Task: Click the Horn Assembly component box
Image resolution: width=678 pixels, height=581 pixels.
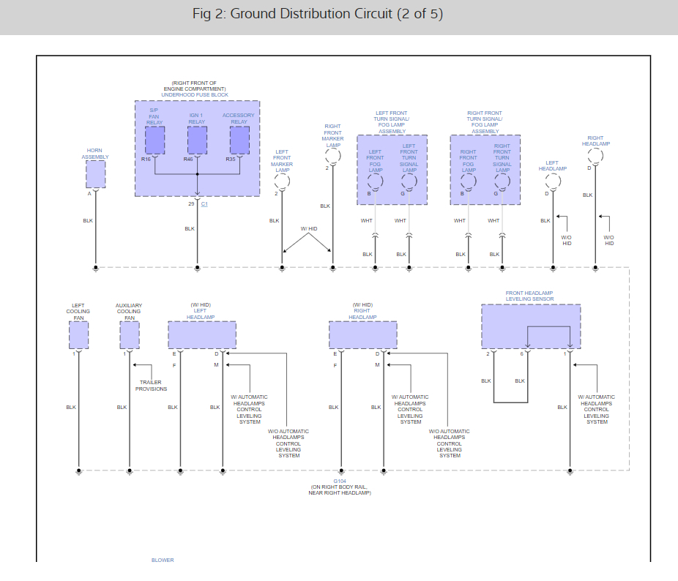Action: point(95,174)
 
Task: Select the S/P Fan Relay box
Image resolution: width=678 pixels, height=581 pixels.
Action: point(154,140)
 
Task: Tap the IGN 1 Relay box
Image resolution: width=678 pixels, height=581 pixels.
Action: point(197,140)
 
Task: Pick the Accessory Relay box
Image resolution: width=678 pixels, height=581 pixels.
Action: point(239,140)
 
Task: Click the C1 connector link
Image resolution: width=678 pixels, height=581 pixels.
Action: point(205,203)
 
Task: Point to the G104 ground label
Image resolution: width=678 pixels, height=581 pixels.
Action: point(340,481)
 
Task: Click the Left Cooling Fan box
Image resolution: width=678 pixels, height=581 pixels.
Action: point(78,334)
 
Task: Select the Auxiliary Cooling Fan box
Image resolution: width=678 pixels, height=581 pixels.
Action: point(130,334)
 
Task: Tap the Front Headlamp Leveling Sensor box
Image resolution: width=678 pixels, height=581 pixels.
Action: point(531,326)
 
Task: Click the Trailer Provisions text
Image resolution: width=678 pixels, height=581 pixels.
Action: point(151,386)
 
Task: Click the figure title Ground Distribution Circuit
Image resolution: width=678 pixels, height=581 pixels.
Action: point(318,15)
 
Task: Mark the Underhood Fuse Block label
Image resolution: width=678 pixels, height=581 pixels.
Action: point(195,95)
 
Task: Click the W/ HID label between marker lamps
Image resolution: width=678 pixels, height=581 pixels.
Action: point(309,229)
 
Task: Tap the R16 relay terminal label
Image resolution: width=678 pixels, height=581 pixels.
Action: point(146,159)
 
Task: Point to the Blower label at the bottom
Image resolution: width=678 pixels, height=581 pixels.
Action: point(163,561)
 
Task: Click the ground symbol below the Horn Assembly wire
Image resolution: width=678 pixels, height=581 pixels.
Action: point(95,269)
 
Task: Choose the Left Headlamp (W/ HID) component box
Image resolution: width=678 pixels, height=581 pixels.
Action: point(202,334)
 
